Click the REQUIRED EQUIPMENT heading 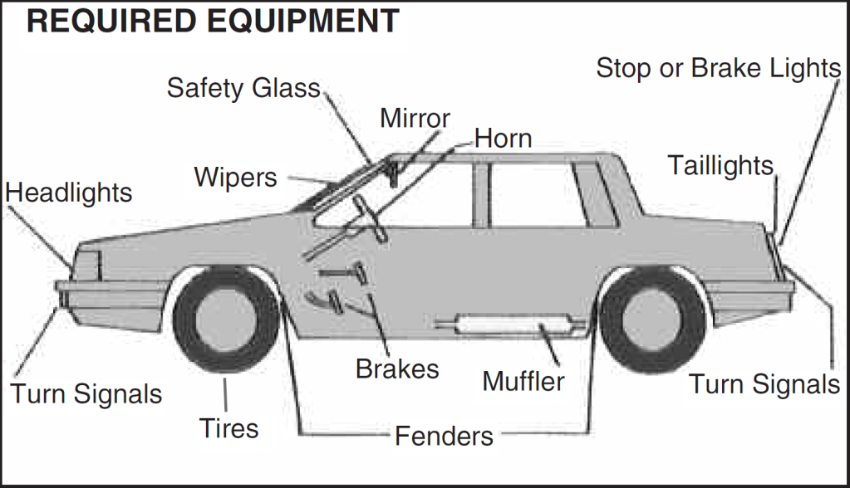213,21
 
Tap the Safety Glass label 243,87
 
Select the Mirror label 415,118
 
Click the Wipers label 235,177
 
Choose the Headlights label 68,193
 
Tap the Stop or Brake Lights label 719,68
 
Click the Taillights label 720,166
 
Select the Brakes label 397,368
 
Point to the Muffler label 523,382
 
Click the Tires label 228,428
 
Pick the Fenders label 444,435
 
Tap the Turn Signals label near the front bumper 86,393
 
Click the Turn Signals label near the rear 764,384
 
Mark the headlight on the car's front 86,265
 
